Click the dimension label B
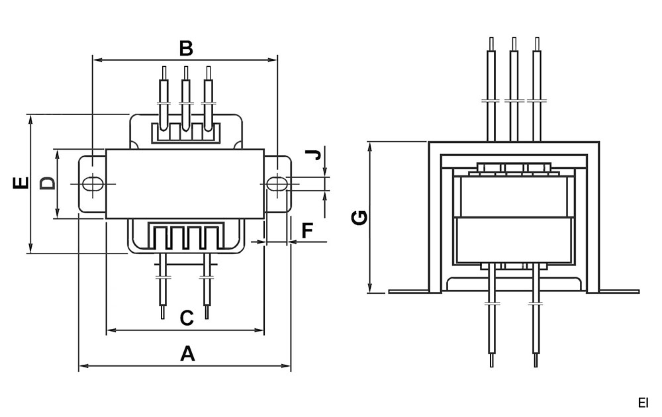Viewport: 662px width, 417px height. click(186, 48)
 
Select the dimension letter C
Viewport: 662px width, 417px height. click(187, 318)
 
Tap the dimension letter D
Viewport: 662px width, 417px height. click(47, 183)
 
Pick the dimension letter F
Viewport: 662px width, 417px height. click(307, 231)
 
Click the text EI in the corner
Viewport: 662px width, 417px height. click(643, 402)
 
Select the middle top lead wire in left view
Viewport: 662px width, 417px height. click(186, 93)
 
